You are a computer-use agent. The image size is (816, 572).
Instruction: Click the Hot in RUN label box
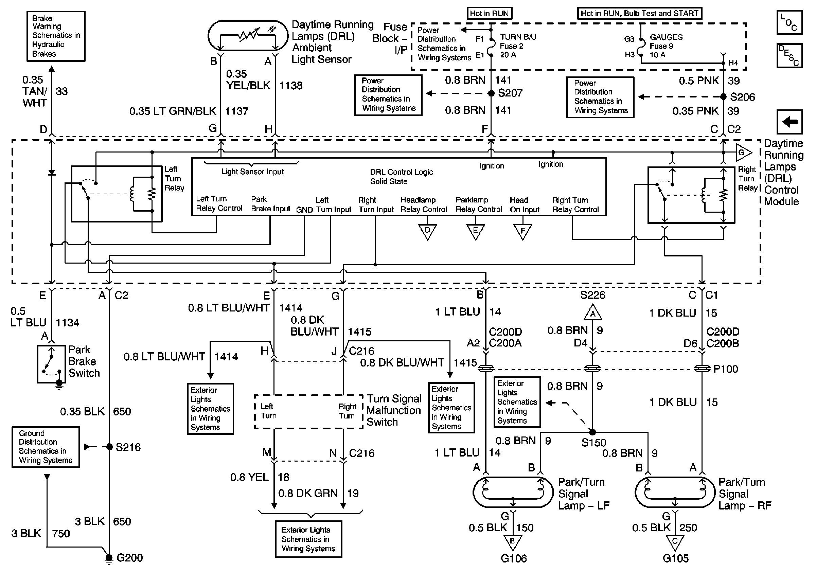pos(489,14)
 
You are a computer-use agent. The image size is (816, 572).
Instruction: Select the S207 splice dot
pos(491,93)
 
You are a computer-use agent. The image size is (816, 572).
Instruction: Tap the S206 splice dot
pos(723,97)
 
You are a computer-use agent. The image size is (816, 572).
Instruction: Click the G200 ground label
pos(129,558)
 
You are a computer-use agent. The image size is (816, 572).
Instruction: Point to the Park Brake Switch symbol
pos(52,364)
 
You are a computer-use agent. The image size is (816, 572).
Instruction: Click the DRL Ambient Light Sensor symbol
pos(248,36)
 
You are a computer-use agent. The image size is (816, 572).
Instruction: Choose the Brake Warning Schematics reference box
pos(56,36)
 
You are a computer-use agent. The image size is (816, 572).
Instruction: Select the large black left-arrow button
pos(790,122)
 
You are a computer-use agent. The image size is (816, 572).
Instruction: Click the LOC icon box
pos(790,22)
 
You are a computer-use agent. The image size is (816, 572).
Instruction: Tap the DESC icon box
pos(790,55)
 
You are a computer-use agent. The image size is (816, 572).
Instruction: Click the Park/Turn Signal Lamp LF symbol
pos(513,493)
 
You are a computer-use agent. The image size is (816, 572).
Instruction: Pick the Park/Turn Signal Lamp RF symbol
pos(675,493)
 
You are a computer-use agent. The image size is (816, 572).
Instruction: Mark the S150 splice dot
pos(592,432)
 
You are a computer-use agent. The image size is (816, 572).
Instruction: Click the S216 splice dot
pos(109,447)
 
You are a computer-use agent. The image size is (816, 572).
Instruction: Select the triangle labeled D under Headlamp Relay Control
pos(427,231)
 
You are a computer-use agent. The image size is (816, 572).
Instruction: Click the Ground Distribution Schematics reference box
pos(46,447)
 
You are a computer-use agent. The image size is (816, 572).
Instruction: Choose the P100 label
pos(725,369)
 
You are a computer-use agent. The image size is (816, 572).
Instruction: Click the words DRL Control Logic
pos(401,172)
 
